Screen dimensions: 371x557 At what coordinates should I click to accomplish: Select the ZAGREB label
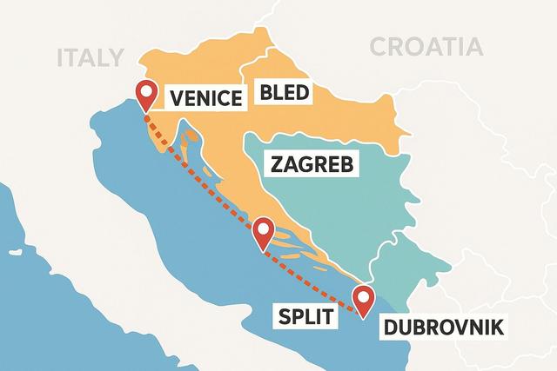(x=312, y=164)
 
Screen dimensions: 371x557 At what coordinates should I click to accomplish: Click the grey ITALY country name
(x=91, y=57)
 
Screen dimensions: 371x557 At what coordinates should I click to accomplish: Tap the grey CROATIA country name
(x=426, y=47)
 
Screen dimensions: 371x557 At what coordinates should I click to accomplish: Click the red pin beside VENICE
(x=145, y=95)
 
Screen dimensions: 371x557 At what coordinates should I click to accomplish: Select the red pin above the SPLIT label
(x=263, y=232)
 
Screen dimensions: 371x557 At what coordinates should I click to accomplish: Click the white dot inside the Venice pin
(x=145, y=91)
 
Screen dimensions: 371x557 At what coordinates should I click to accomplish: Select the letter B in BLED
(x=264, y=93)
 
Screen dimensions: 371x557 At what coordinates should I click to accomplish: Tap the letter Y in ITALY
(x=117, y=57)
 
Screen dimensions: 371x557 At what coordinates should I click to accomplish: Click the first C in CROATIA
(x=379, y=47)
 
